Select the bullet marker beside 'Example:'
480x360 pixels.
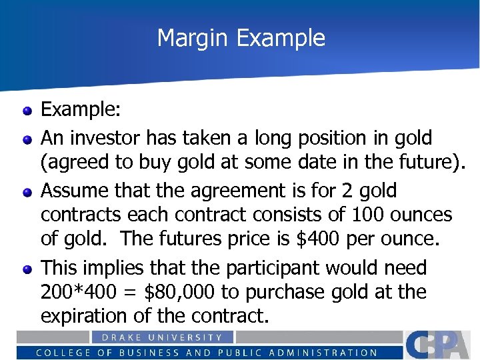click(27, 111)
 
